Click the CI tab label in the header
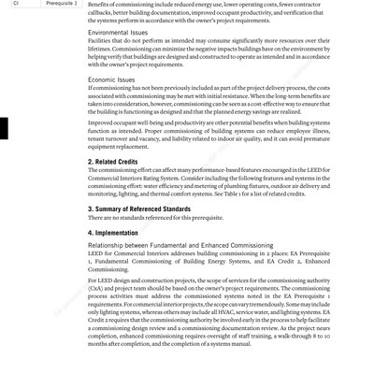16,4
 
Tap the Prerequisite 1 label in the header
60,4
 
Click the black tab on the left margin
3,130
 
